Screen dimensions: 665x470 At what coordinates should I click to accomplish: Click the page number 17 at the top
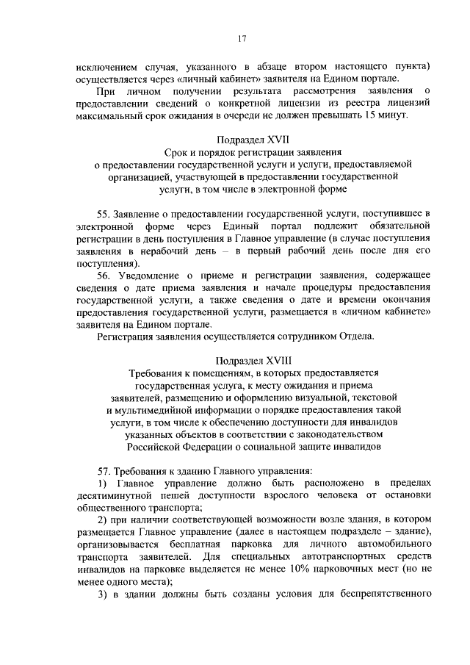coord(241,39)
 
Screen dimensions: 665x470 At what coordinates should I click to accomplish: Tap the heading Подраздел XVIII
coord(242,361)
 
